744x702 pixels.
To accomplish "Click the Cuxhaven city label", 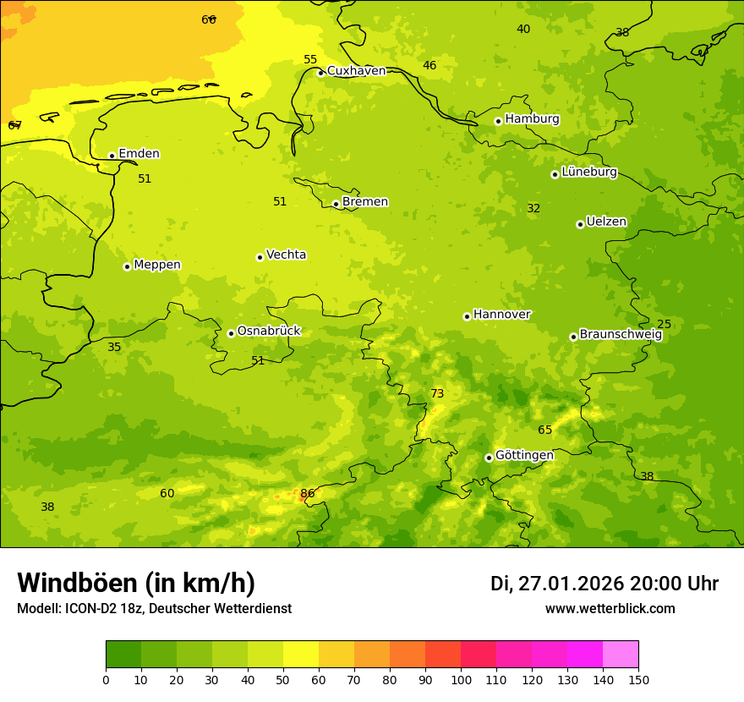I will click(356, 71).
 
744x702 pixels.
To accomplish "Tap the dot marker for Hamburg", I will click(498, 121).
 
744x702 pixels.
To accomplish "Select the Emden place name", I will click(139, 154).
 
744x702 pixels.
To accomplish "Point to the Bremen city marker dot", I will click(336, 204).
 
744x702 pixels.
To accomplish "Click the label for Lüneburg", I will click(589, 172).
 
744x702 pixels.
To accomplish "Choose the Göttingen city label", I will click(524, 455).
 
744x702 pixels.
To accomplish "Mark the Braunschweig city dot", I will click(573, 337).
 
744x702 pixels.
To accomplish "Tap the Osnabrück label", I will click(269, 331).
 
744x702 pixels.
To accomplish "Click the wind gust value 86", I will click(308, 493).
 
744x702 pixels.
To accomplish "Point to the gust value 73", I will click(437, 393).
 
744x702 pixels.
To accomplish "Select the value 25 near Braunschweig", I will click(665, 324).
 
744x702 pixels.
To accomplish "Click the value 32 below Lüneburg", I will click(533, 208).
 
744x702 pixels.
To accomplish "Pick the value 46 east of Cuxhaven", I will click(429, 65).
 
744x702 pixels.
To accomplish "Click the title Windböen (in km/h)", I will click(136, 583).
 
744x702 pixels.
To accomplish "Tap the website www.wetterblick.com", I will click(610, 608).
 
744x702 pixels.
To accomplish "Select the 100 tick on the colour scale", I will click(461, 679).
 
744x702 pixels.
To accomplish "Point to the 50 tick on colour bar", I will click(283, 679).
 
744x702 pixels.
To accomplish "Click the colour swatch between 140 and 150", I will click(621, 655).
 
